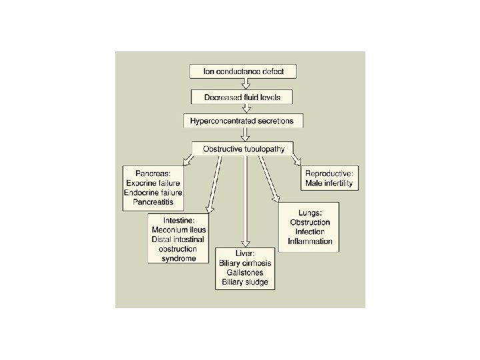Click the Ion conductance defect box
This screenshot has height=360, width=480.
(243, 71)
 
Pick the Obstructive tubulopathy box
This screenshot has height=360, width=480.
(243, 148)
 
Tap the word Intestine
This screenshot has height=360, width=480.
(179, 220)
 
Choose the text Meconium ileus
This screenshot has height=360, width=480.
(179, 230)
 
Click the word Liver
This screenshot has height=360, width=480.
(245, 254)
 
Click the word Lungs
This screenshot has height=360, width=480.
(309, 213)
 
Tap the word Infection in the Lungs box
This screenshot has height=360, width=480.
(309, 231)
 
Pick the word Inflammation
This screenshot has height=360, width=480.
(309, 241)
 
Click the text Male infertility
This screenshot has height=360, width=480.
(329, 183)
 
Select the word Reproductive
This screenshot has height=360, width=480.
(329, 173)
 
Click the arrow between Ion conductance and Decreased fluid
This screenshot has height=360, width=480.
(245, 84)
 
